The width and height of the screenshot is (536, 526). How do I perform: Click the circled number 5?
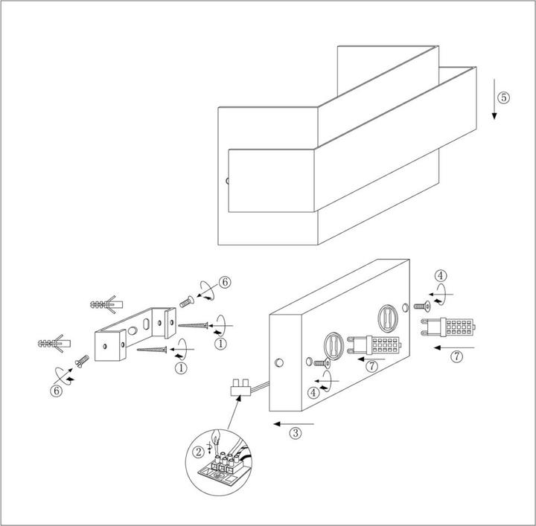point(504,97)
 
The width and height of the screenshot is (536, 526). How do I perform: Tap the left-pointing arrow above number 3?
point(294,423)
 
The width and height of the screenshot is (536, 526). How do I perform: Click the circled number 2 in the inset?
point(198,452)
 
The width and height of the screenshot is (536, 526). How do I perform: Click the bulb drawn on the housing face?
point(372,346)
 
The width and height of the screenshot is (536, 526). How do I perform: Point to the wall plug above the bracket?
point(105,305)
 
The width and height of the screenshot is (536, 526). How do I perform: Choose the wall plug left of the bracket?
point(53,344)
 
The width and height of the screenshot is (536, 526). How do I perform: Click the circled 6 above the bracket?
point(224,282)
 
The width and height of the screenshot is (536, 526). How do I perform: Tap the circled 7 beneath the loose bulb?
point(456,356)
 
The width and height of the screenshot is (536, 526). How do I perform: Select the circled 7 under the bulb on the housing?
point(372,366)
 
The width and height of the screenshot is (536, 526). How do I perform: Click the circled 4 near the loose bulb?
point(441,275)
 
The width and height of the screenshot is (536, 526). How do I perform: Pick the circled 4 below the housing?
point(315,391)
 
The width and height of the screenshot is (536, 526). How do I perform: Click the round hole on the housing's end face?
point(279,362)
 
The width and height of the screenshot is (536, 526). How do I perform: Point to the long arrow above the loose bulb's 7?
point(456,347)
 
